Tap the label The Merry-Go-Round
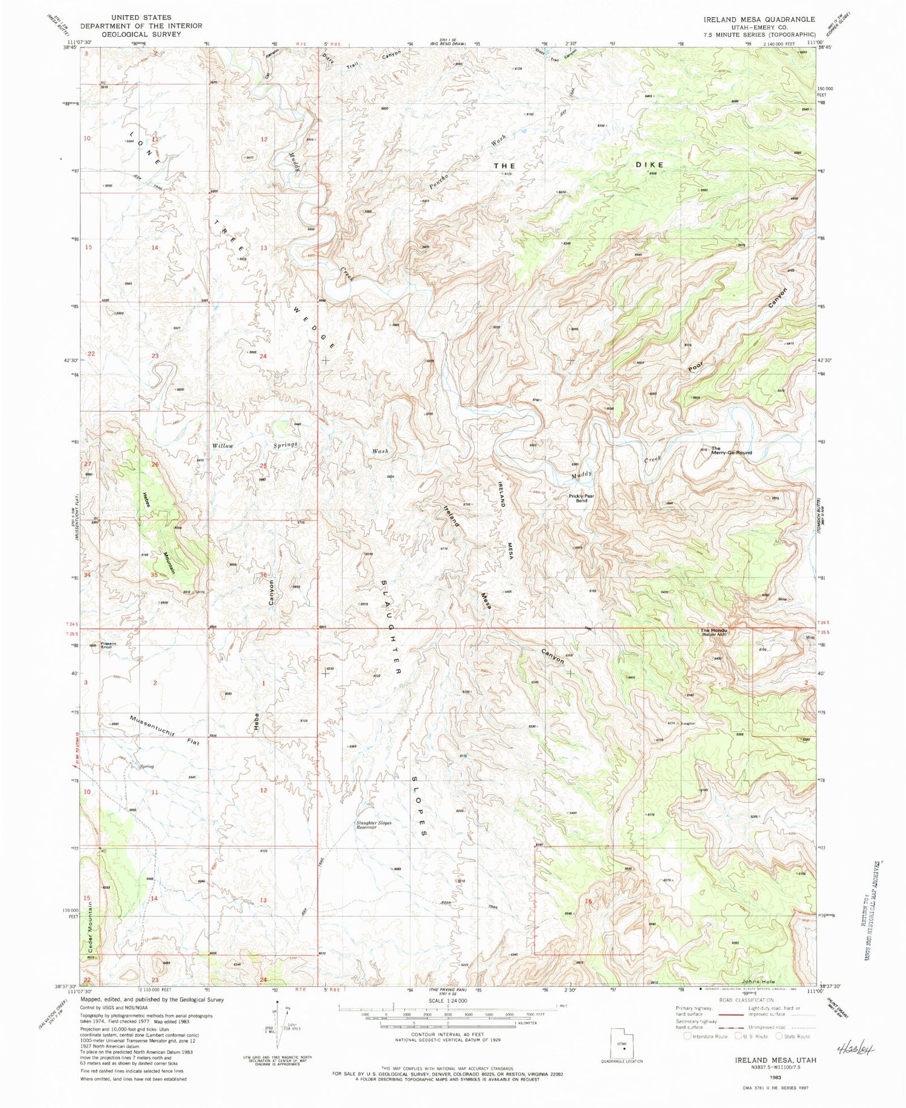click(731, 450)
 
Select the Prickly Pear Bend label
click(581, 498)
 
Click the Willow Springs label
click(254, 446)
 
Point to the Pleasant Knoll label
click(109, 645)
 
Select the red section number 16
click(588, 901)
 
